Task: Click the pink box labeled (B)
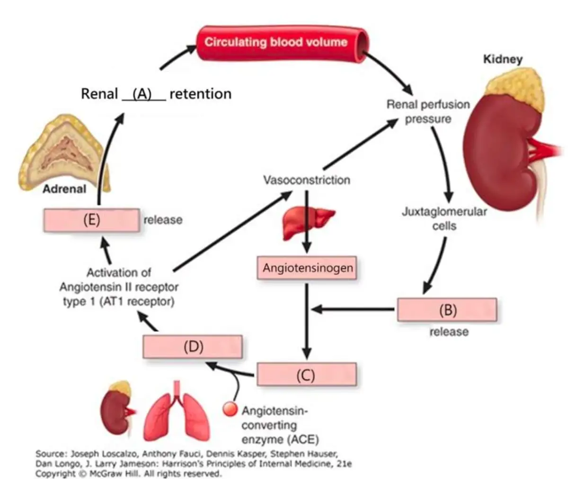(x=447, y=310)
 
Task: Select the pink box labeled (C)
(x=306, y=375)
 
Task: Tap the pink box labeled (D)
(x=193, y=346)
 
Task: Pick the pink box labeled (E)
(x=91, y=220)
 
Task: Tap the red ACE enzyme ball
(x=230, y=409)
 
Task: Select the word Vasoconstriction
(x=307, y=180)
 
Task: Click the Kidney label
(x=502, y=59)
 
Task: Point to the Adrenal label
(x=64, y=189)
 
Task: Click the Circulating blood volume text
(x=276, y=42)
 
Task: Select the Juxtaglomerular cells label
(x=444, y=218)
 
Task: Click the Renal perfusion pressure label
(x=428, y=111)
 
